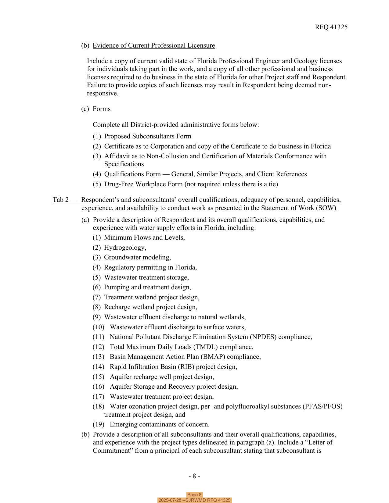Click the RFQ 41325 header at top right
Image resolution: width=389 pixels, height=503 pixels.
pyautogui.click(x=331, y=27)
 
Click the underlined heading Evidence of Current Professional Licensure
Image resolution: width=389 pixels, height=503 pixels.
pyautogui.click(x=154, y=45)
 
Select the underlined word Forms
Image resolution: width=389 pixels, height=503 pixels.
pyautogui.click(x=102, y=109)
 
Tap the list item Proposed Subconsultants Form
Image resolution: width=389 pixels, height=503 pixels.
pyautogui.click(x=148, y=136)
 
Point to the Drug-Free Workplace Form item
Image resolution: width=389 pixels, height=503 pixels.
pyautogui.click(x=191, y=184)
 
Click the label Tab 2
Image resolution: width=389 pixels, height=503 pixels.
pyautogui.click(x=61, y=200)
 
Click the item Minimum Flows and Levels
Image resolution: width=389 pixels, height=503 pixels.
pyautogui.click(x=144, y=237)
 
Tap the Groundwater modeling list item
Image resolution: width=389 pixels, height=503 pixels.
pyautogui.click(x=137, y=257)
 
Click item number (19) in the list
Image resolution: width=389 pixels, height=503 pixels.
pyautogui.click(x=98, y=424)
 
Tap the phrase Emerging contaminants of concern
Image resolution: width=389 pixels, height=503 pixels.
pyautogui.click(x=160, y=424)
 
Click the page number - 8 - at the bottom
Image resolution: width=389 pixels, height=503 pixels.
pyautogui.click(x=194, y=476)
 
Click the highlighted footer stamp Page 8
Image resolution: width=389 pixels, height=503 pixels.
pyautogui.click(x=194, y=495)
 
